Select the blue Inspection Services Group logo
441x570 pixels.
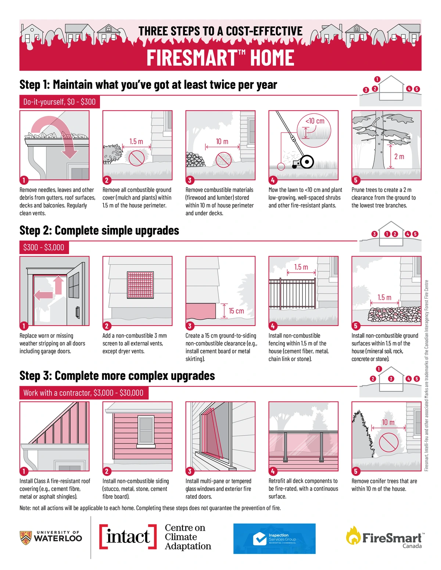click(x=275, y=538)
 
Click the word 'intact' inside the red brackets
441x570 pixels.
click(x=128, y=537)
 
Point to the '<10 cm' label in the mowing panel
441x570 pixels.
click(x=315, y=121)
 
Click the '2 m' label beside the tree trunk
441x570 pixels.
click(x=399, y=157)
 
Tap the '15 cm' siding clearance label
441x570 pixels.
click(x=236, y=311)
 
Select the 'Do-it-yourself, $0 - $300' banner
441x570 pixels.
click(x=60, y=102)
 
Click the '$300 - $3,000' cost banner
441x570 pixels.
click(x=44, y=247)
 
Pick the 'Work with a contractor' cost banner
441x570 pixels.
click(x=84, y=393)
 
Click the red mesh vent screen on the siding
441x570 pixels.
click(x=140, y=285)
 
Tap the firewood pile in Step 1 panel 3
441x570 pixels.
click(x=195, y=160)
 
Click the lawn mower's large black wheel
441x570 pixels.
click(x=307, y=162)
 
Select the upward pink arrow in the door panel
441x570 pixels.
click(x=58, y=285)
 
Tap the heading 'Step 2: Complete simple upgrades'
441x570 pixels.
click(x=99, y=230)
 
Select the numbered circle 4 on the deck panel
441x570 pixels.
click(x=273, y=471)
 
